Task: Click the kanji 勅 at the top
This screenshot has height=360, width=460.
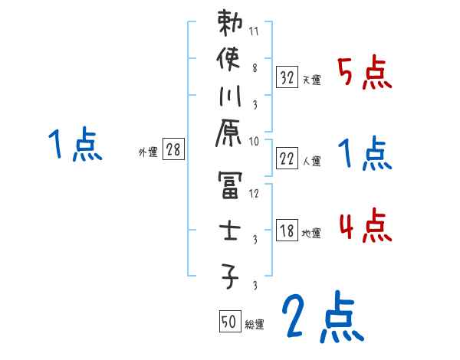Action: (x=230, y=24)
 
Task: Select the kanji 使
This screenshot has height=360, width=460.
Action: (x=230, y=59)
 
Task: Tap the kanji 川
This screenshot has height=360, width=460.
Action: (x=230, y=97)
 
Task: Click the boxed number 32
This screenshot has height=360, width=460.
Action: (x=287, y=77)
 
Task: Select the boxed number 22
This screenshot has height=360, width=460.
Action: (x=287, y=159)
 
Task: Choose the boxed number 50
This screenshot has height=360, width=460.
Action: (x=228, y=322)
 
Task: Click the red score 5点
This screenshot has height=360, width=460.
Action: (x=365, y=74)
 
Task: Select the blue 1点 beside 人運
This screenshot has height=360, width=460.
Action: (x=365, y=155)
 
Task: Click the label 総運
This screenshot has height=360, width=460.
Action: (x=255, y=325)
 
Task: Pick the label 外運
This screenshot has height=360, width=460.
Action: (x=147, y=152)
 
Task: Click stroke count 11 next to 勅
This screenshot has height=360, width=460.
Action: (x=254, y=33)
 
